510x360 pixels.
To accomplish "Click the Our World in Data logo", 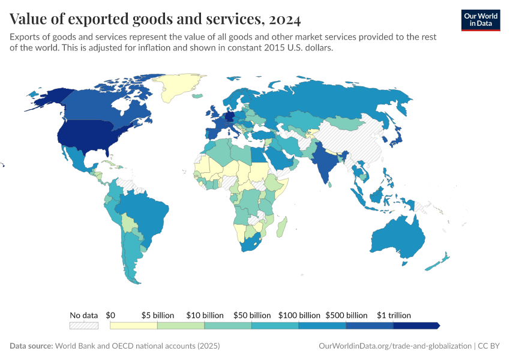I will (x=480, y=19).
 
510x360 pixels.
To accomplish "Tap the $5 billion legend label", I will (x=158, y=315).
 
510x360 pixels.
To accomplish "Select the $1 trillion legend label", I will (x=394, y=315).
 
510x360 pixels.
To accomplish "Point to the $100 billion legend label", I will (x=299, y=315).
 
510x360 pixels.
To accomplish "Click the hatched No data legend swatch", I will (x=83, y=325).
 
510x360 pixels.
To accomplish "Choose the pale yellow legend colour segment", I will (x=134, y=325).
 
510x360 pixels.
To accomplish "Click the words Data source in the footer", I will (x=31, y=346).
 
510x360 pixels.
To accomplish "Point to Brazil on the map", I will (x=144, y=210).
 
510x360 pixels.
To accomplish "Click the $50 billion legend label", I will (x=252, y=315).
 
